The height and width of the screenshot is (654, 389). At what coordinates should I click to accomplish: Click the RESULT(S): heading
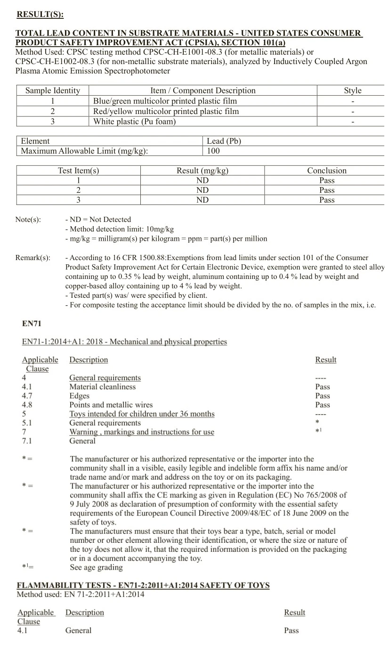40,14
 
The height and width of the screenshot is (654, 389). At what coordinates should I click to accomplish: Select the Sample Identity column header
53,90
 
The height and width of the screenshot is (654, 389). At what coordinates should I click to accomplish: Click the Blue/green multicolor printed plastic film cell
165,101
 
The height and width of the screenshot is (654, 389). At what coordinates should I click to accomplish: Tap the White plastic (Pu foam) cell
134,122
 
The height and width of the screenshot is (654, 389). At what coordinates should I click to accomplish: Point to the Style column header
352,90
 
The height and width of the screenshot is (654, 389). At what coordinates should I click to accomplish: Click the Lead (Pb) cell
224,141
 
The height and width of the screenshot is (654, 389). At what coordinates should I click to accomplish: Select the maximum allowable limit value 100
213,151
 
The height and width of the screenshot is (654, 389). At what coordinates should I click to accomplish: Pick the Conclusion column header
326,171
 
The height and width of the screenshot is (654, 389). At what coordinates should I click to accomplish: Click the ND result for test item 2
203,190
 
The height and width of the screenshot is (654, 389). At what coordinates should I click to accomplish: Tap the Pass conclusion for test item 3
326,200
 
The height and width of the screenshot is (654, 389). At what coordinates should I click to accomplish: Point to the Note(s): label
28,220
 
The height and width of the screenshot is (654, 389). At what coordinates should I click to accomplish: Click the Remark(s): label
32,258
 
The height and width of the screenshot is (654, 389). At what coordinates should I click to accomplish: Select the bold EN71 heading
32,324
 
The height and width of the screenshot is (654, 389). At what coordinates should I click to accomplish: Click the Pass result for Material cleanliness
323,387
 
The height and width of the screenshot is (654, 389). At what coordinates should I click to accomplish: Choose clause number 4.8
27,405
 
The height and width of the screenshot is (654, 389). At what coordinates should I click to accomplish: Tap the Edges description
79,396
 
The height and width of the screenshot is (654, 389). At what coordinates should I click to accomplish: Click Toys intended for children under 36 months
142,414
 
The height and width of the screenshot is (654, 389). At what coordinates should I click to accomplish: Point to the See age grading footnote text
96,567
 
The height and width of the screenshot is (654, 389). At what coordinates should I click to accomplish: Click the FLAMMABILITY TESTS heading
143,585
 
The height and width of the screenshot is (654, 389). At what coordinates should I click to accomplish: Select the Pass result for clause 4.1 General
291,630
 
